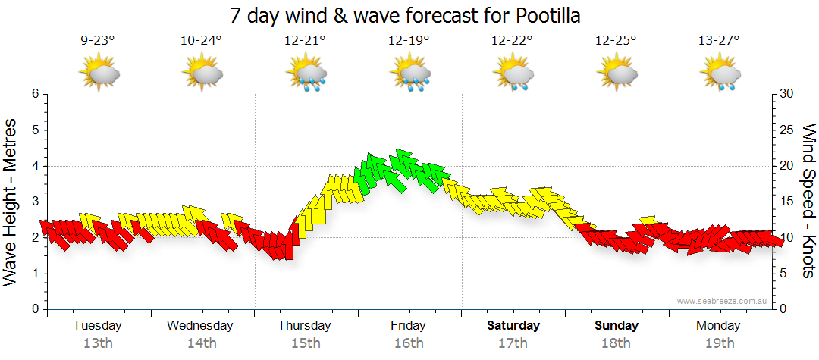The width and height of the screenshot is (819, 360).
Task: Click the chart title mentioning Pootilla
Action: (x=409, y=15)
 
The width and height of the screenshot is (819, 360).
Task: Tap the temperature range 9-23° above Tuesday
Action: (x=98, y=41)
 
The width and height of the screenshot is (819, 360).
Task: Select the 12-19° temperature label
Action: (x=409, y=41)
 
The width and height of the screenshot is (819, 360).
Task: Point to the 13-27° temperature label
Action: (x=720, y=41)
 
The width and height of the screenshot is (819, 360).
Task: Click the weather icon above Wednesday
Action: (x=202, y=74)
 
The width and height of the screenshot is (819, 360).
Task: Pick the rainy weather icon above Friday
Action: (x=409, y=75)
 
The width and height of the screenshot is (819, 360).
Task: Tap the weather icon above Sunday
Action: (x=617, y=74)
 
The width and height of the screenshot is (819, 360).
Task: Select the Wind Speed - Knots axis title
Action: (x=808, y=201)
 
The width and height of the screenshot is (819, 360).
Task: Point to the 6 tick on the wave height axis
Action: (x=34, y=94)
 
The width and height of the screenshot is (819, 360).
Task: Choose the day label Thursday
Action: (x=304, y=326)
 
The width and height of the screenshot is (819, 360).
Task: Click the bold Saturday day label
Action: (x=513, y=326)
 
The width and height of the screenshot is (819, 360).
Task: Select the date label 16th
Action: (x=409, y=343)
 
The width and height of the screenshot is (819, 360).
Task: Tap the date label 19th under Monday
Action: (x=720, y=343)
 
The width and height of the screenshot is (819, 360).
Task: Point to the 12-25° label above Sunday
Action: (x=616, y=41)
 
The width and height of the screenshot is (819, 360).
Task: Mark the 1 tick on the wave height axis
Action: (x=34, y=274)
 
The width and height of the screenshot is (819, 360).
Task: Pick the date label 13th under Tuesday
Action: (x=98, y=343)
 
